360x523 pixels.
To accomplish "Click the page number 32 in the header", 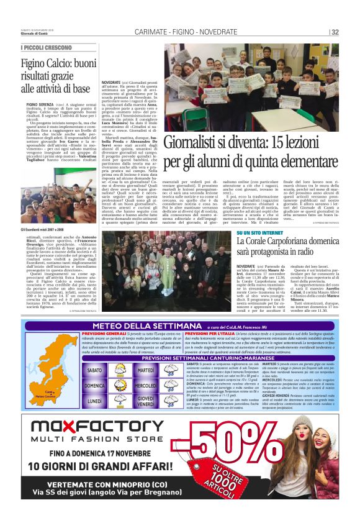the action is pyautogui.click(x=335, y=32).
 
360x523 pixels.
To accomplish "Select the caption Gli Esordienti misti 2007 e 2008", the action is pyautogui.click(x=47, y=229).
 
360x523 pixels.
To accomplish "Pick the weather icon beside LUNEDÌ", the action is pyautogui.click(x=117, y=401).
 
